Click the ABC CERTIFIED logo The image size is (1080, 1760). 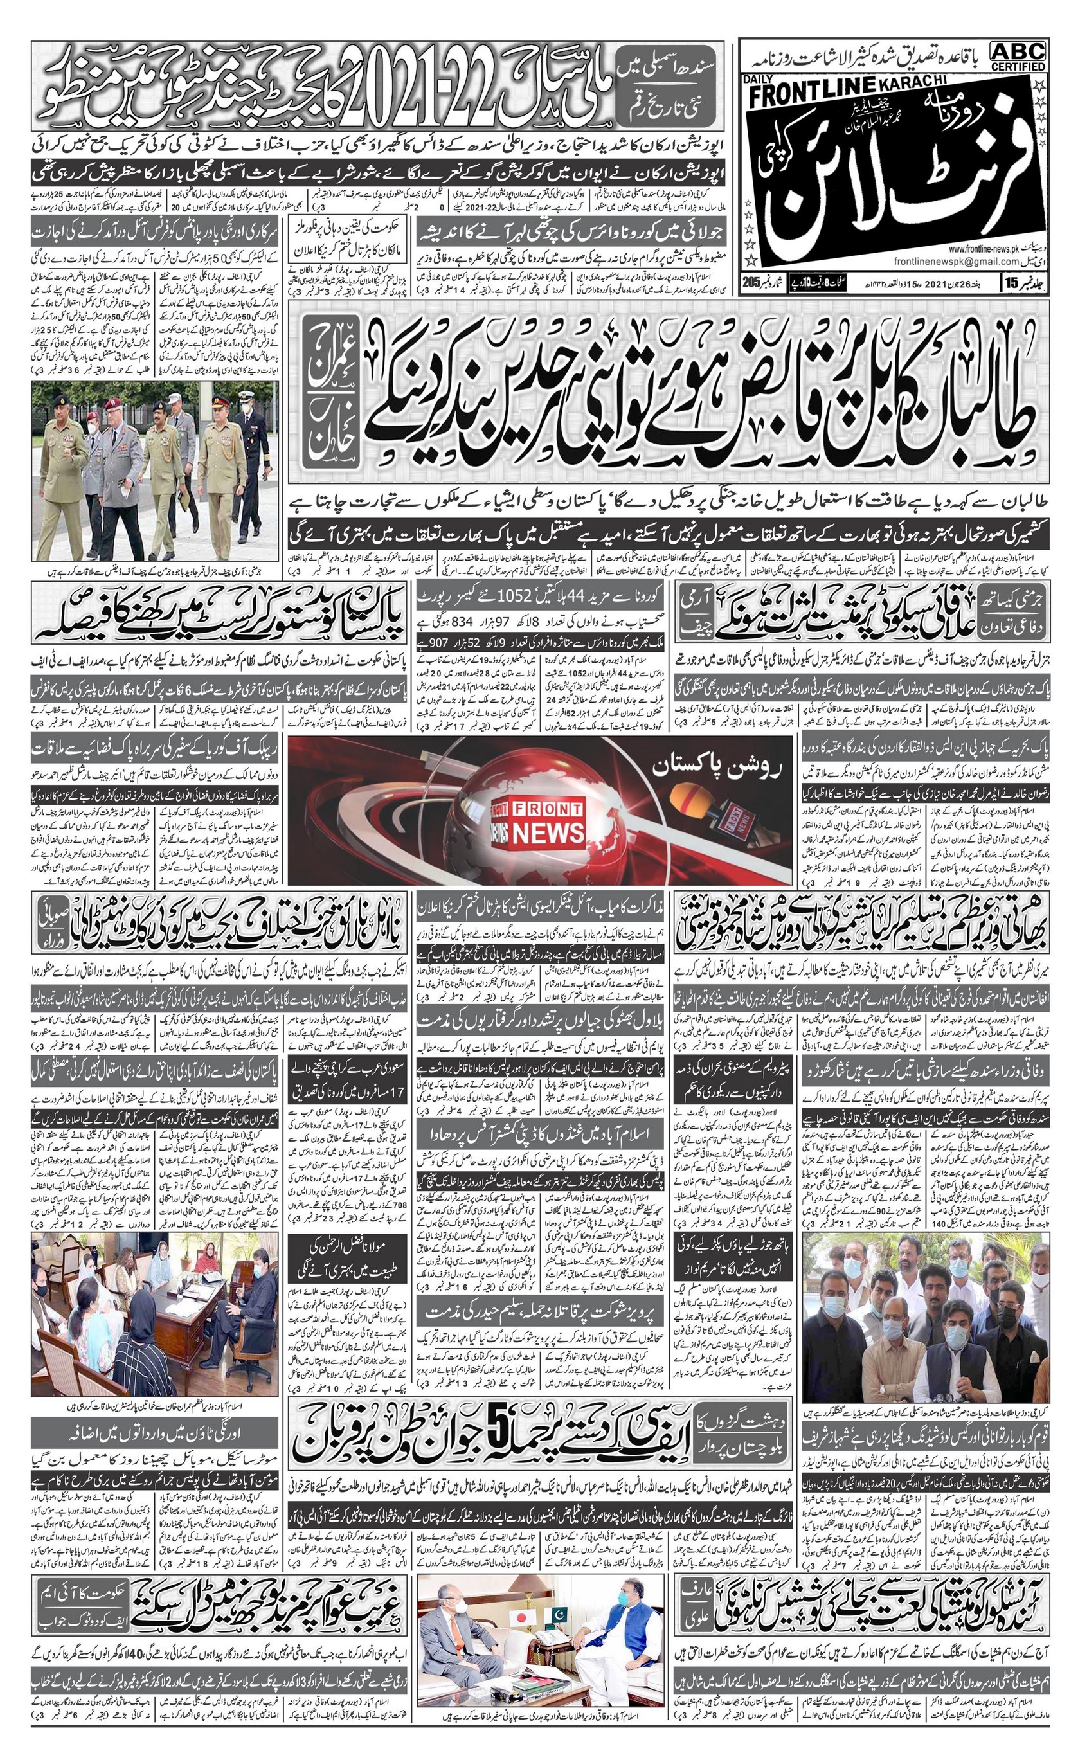tap(1018, 55)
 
